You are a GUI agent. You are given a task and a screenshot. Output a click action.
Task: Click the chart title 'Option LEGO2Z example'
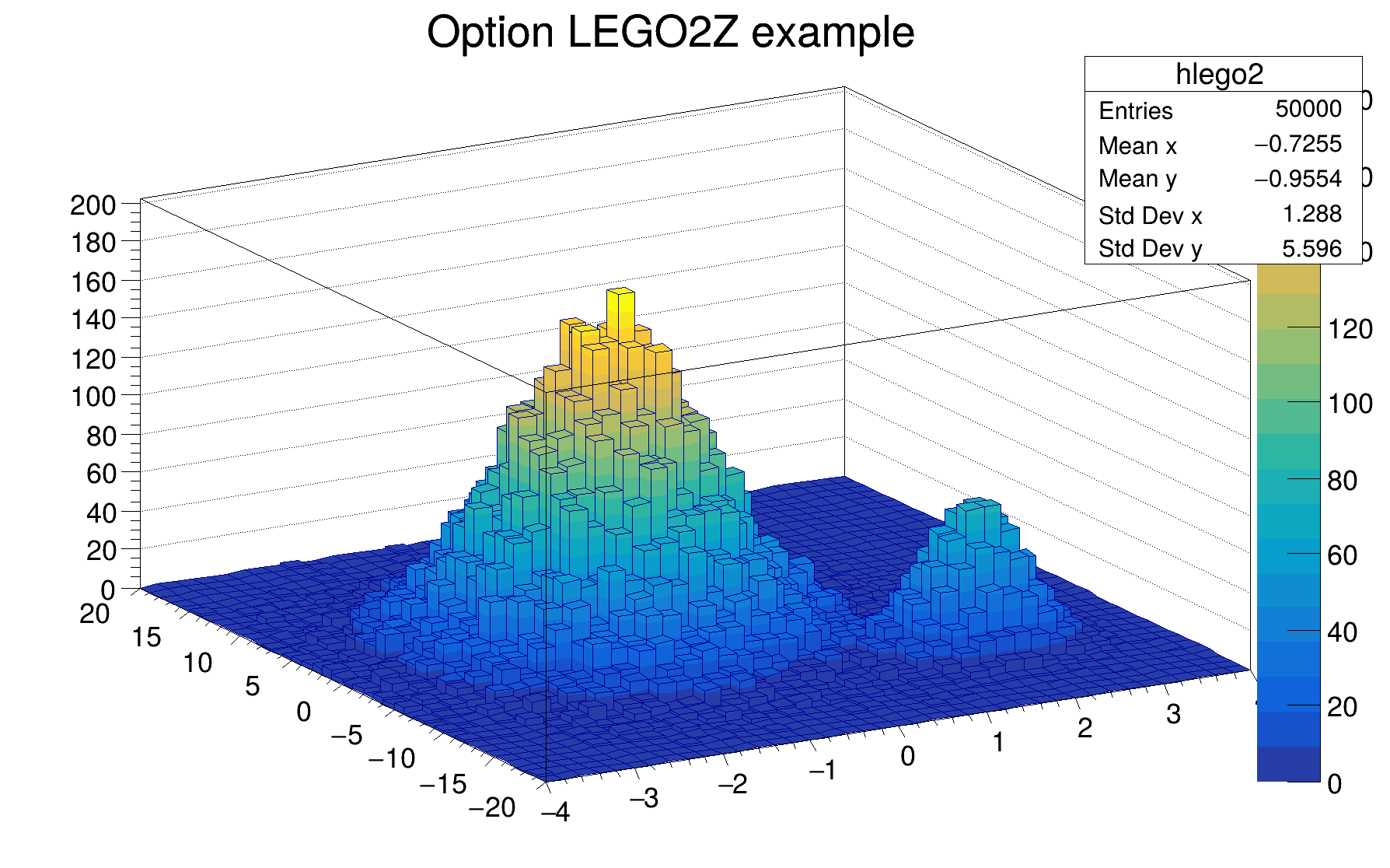tap(670, 33)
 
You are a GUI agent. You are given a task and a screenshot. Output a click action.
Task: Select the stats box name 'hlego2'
tap(1219, 75)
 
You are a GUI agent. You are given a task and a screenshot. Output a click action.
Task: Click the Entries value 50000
tap(1308, 109)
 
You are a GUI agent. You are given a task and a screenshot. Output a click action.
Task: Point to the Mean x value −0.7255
tap(1297, 144)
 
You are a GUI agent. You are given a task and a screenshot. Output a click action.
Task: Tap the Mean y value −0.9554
tap(1297, 179)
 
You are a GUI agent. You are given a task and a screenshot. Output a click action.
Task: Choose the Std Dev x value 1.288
tap(1311, 214)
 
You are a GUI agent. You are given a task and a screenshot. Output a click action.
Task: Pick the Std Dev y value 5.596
tap(1311, 249)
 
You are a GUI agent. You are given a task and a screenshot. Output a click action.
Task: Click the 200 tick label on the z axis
tap(93, 205)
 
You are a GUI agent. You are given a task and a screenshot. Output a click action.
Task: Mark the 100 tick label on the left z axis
tap(93, 397)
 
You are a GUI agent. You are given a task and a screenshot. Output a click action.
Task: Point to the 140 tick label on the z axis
tap(93, 320)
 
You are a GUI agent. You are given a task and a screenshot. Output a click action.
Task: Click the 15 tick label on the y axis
tap(146, 638)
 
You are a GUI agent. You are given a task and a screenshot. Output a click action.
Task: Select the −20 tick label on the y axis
tap(492, 808)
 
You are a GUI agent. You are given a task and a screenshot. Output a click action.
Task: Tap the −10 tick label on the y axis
tap(392, 758)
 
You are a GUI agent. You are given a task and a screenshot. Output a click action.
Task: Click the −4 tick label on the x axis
tap(556, 813)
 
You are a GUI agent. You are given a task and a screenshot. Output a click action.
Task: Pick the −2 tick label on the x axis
tap(732, 784)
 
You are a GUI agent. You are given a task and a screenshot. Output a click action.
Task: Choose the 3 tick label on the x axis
tap(1173, 714)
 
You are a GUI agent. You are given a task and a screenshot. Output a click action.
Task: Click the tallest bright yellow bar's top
tap(620, 292)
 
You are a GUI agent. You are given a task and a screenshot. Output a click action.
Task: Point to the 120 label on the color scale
tap(1350, 329)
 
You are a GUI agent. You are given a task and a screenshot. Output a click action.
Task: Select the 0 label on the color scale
tap(1334, 784)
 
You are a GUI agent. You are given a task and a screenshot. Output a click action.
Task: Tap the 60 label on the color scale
tap(1342, 555)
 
